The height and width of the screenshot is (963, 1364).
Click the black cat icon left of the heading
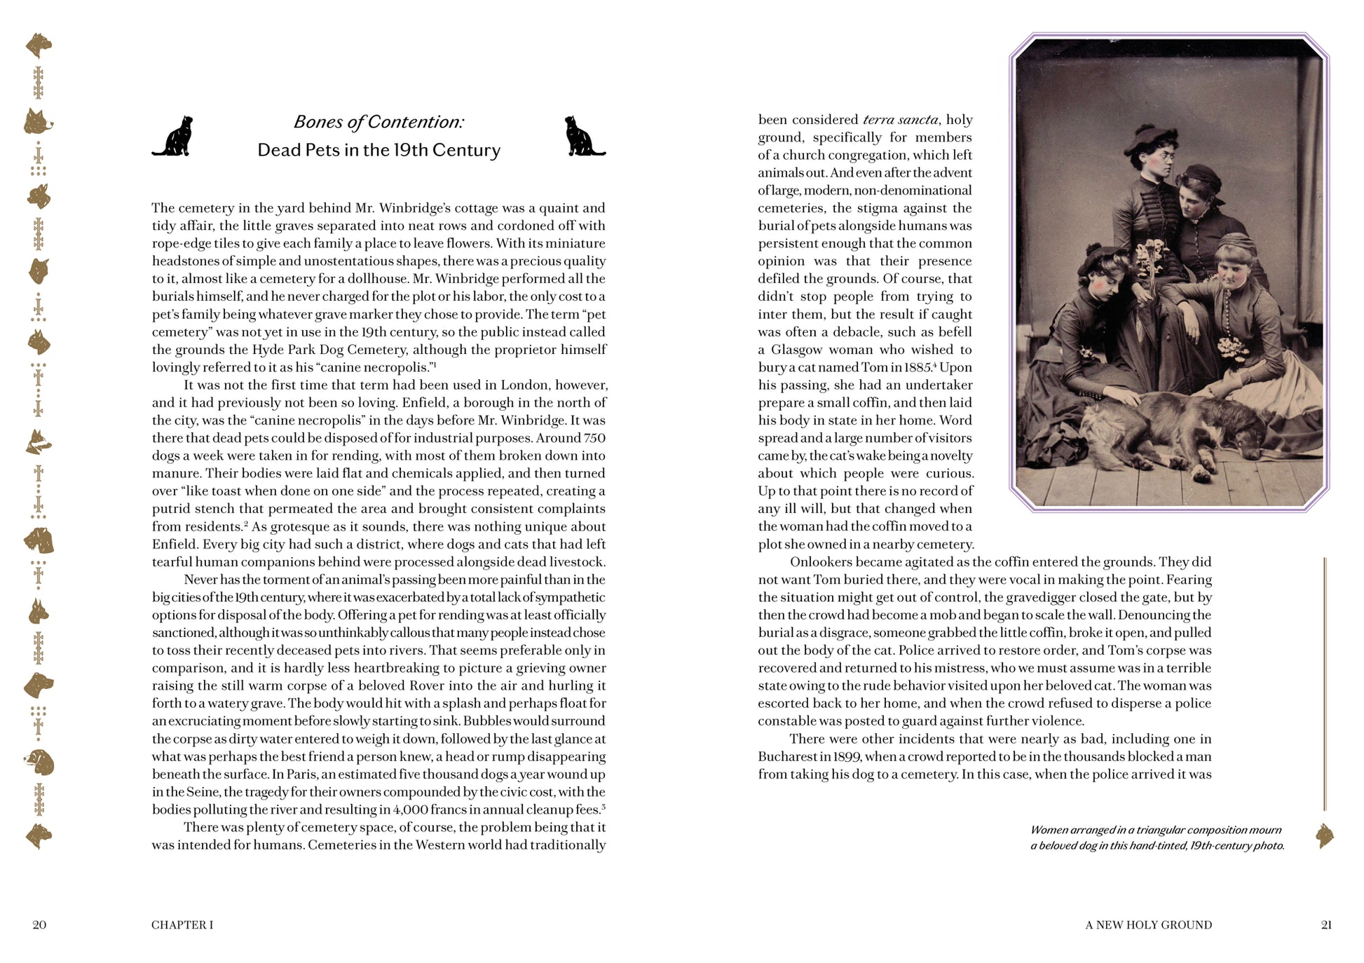click(173, 136)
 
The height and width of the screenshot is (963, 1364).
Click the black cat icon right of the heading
click(584, 136)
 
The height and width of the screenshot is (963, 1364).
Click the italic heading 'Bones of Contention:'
click(378, 122)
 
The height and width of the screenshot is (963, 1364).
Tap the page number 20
click(39, 924)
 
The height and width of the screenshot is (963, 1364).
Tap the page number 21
click(1325, 924)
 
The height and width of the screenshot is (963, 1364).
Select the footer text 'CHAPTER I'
click(182, 924)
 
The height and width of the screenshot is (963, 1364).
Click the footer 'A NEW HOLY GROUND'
click(1148, 924)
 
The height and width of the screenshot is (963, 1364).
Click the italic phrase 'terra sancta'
click(901, 120)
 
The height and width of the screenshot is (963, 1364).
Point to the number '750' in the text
click(594, 438)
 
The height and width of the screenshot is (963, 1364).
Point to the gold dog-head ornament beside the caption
click(1324, 835)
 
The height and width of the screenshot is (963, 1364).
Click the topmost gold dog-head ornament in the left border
click(39, 46)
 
